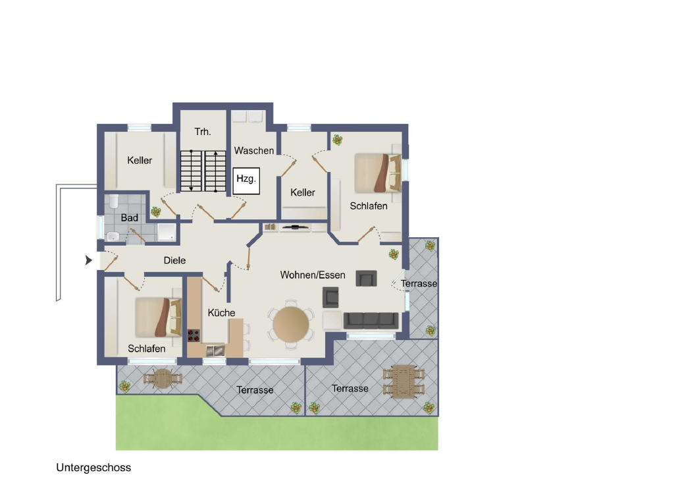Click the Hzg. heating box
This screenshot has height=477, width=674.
pos(246,181)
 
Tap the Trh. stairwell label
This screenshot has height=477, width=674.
pos(203,132)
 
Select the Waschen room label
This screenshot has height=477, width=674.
pos(254,150)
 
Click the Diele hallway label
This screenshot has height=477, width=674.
pos(174,260)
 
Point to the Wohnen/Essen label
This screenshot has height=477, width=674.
pos(313,275)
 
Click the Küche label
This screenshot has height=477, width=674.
pos(221,313)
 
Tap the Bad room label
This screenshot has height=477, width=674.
pos(130,217)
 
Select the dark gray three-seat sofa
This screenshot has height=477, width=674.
pos(371,321)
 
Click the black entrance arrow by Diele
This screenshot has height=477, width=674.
pos(89,260)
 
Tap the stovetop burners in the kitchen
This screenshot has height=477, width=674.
pos(194,335)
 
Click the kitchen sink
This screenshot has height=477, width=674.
pos(215,351)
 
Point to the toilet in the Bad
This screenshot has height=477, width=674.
pos(113,202)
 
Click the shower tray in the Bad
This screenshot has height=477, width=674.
pos(167,233)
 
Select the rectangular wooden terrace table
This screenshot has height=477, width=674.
pos(403,381)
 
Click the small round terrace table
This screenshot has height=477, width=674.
pos(163,378)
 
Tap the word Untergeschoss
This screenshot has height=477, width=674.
pos(93,468)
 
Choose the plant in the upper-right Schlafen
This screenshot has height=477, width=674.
pos(338,140)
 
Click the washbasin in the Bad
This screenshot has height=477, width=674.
pos(113,236)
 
